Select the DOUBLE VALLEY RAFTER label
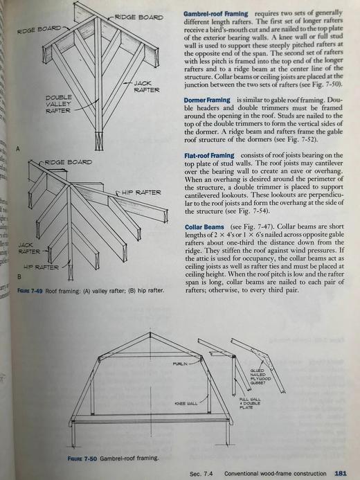pos(58,104)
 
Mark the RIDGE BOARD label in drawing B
pos(69,162)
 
